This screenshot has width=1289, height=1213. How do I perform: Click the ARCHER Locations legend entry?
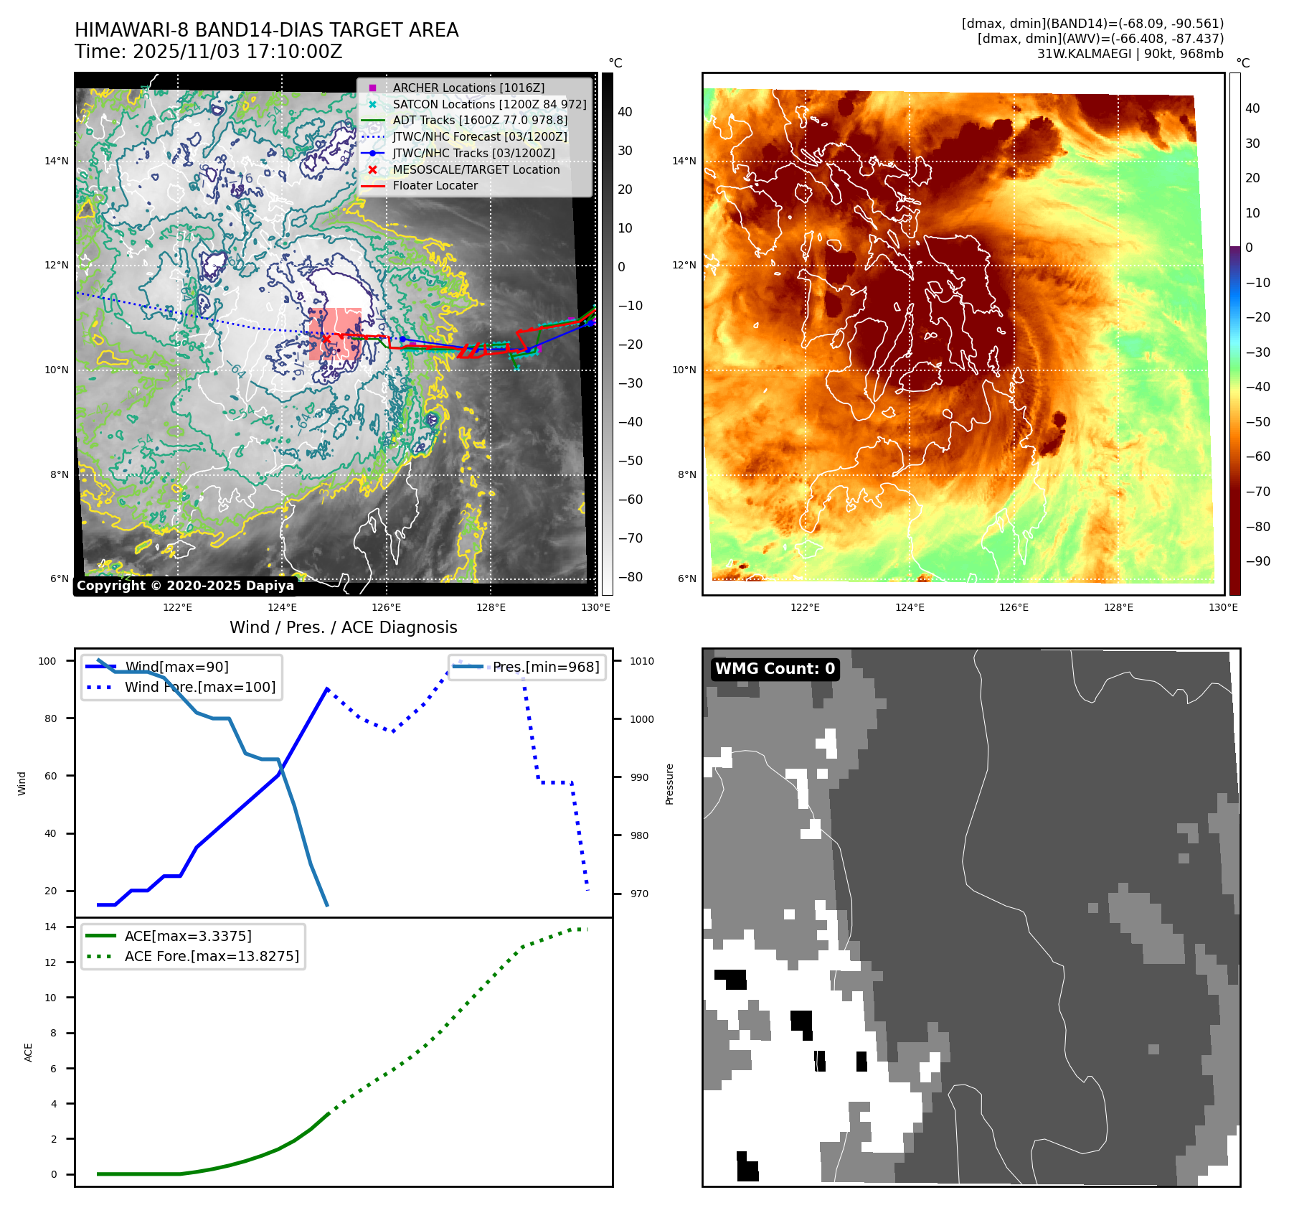(x=468, y=88)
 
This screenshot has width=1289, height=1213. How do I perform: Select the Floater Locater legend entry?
(x=435, y=185)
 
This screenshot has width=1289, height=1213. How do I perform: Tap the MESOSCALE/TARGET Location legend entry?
(x=476, y=169)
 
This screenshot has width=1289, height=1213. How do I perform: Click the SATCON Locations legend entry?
(x=488, y=104)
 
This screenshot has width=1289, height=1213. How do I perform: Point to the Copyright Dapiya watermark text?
(x=185, y=586)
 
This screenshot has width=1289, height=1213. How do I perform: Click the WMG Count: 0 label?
(x=775, y=669)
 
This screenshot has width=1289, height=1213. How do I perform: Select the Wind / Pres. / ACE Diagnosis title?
(x=343, y=627)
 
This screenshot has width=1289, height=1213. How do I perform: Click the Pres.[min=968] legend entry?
(x=545, y=667)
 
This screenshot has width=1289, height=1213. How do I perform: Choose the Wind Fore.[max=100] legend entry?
(x=199, y=687)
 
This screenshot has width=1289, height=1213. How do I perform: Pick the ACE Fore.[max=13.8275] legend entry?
(x=212, y=956)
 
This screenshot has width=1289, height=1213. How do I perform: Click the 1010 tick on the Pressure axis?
(x=642, y=661)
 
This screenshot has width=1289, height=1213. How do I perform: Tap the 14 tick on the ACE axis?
(x=50, y=927)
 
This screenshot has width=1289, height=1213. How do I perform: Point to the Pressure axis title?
(x=669, y=784)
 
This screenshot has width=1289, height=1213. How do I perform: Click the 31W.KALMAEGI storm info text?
(x=1130, y=54)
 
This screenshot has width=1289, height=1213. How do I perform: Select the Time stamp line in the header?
(x=208, y=52)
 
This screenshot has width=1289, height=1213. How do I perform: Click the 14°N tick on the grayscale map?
(x=57, y=161)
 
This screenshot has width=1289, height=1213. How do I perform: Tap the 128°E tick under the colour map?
(x=1118, y=607)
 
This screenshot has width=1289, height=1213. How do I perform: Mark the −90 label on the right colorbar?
(x=1257, y=561)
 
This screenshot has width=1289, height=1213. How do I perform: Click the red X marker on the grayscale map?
(x=326, y=339)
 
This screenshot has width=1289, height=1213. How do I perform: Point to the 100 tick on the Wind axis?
(x=47, y=661)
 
